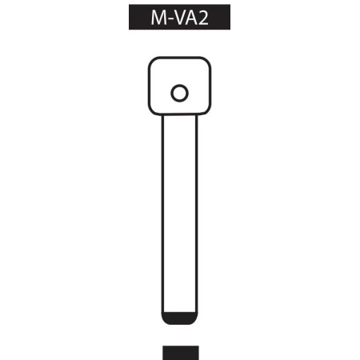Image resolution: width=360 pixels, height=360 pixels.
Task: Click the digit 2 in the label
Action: pos(203,18)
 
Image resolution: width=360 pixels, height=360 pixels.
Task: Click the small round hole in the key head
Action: pos(180,93)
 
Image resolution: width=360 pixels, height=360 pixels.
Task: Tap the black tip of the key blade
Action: pos(180,319)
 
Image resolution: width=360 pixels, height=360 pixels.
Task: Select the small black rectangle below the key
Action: pos(180,353)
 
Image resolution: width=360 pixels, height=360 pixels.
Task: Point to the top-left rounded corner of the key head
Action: pos(153,62)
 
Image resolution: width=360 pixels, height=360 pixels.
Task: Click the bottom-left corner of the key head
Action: pos(153,111)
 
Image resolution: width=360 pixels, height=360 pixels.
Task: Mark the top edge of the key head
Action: pos(180,58)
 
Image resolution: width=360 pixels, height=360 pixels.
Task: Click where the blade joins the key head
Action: pos(180,116)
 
